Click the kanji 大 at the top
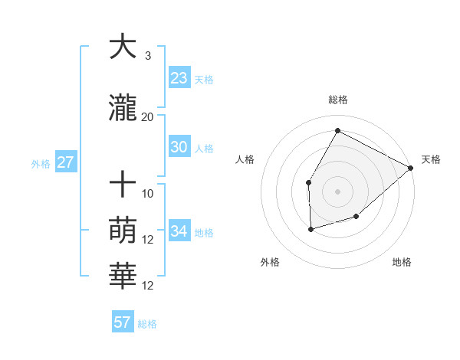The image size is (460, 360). click(123, 47)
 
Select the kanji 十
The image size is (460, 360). click(123, 185)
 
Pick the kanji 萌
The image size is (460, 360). click(123, 231)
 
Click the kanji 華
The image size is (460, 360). click(123, 277)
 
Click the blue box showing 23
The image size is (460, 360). click(179, 78)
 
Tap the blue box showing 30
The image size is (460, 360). click(179, 147)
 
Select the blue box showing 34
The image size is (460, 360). click(179, 231)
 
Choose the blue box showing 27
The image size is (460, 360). click(65, 162)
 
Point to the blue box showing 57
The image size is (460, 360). click(122, 322)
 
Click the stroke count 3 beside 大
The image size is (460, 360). click(147, 56)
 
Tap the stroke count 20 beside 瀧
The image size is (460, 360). click(147, 117)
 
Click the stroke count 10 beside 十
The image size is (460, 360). click(147, 194)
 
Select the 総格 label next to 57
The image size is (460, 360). click(147, 324)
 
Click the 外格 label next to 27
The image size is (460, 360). click(41, 163)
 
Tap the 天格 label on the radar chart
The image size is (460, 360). click(431, 159)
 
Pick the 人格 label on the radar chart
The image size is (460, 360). click(245, 159)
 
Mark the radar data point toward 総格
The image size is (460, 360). click(337, 130)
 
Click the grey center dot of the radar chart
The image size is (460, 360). click(337, 191)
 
